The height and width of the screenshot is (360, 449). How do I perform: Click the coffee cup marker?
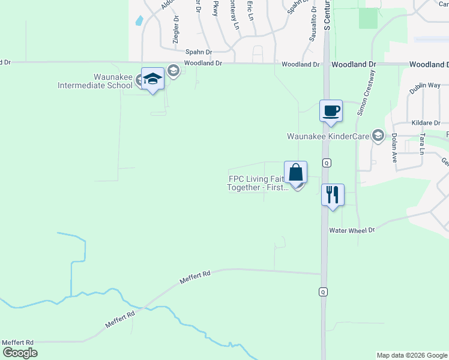pos(331,111)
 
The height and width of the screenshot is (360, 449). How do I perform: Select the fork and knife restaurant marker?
pos(333,195)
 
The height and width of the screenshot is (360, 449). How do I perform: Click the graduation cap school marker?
pos(152,79)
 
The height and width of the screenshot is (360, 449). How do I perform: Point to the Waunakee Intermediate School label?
pos(95,81)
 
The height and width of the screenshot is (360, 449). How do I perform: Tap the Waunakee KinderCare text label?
pos(328,136)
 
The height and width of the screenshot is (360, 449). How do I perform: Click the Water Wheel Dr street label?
pos(352,230)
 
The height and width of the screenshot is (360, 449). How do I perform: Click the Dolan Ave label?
pos(394,148)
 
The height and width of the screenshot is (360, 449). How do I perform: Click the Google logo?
pos(20,353)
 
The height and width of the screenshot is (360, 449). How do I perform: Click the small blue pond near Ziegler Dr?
pos(139,20)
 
